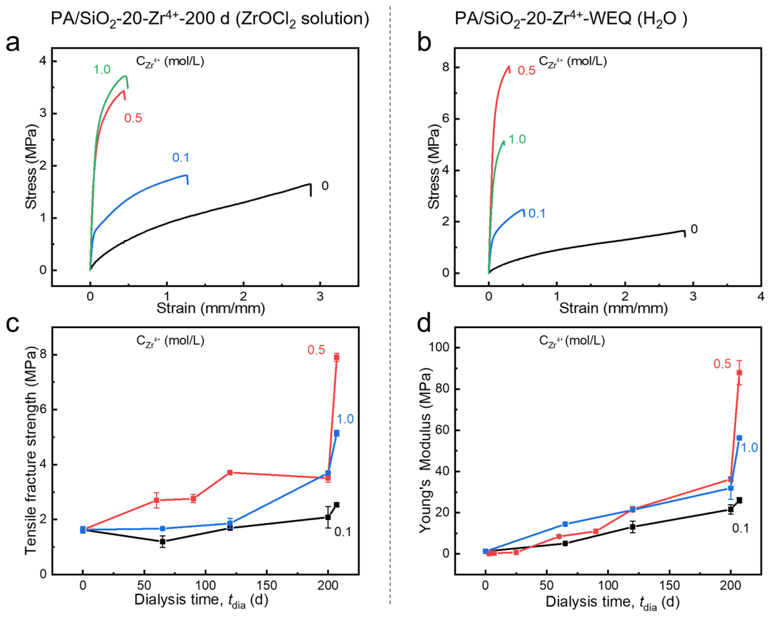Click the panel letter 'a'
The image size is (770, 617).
coord(13,42)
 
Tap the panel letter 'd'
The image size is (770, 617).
coord(424,325)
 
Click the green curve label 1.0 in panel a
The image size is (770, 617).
coord(102,69)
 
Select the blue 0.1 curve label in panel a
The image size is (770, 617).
coord(180,158)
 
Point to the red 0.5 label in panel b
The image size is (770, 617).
coord(527,71)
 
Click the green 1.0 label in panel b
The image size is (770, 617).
coord(516,140)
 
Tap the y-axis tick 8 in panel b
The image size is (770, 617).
coord(446,67)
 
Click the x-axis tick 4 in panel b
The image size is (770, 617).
coord(761,296)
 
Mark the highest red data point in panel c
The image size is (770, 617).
coord(336,357)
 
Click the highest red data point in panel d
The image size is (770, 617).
coord(739,373)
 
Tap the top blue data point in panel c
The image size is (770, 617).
coord(336,434)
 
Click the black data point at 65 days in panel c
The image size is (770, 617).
coord(162,542)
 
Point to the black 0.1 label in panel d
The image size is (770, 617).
coord(740,528)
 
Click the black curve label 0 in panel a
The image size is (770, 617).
coord(324,186)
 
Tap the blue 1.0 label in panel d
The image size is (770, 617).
coord(749,447)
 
